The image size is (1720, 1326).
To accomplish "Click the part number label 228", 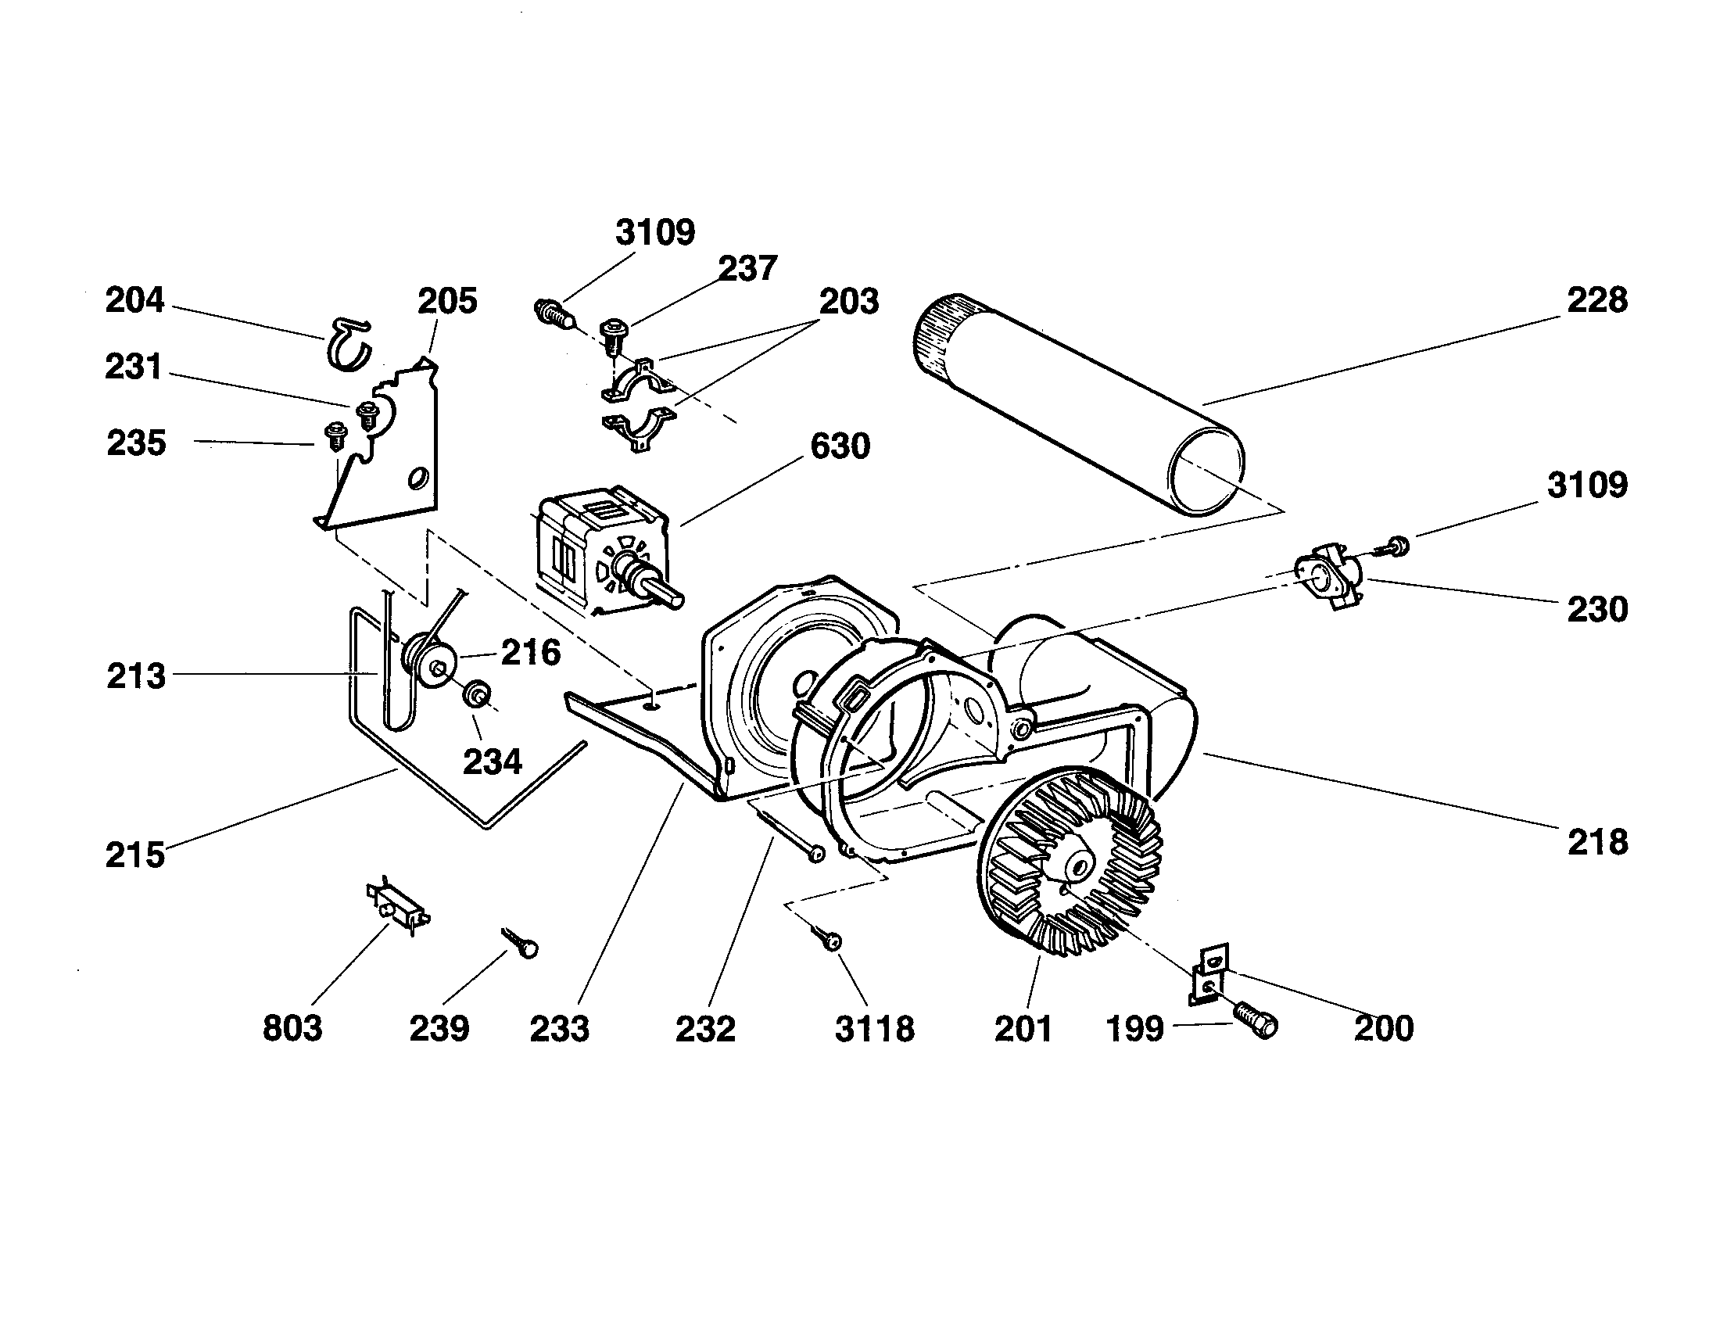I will [x=1596, y=301].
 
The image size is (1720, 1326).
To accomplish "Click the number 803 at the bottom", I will [x=292, y=1028].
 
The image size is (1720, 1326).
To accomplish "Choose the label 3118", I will [x=874, y=1028].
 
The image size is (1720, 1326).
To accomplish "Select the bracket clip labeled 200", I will [x=1209, y=976].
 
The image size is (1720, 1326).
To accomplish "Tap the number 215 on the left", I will [x=135, y=855].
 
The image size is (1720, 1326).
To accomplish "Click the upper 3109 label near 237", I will [x=655, y=233].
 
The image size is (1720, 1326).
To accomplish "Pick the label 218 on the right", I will [x=1596, y=843].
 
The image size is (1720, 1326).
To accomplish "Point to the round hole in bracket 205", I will [x=417, y=478].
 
